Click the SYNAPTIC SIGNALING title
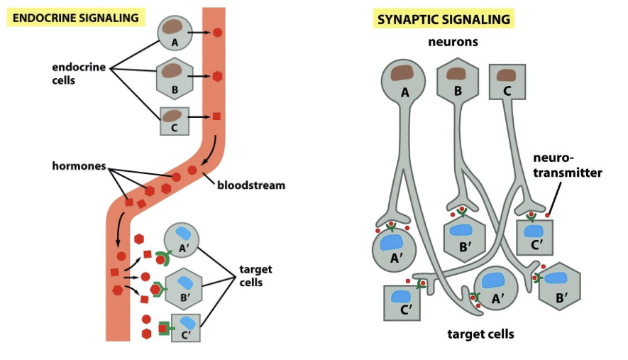[x=444, y=19]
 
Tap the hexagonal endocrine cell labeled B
[x=175, y=76]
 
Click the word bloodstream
[x=251, y=185]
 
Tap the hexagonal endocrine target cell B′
[x=183, y=288]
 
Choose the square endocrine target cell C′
[x=186, y=327]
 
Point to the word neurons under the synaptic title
[x=453, y=42]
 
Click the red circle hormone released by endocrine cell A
[x=218, y=32]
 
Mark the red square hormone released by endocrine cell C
[x=216, y=116]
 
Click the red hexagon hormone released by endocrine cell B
[x=217, y=76]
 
